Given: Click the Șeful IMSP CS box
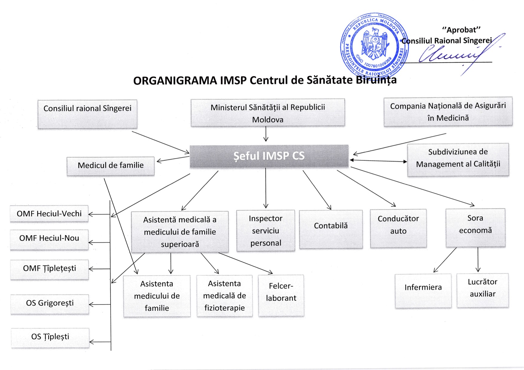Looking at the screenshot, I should (269, 156).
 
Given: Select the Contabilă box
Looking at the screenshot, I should (331, 229).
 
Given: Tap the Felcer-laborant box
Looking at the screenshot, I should (281, 295).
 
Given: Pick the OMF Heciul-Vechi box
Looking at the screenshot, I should (49, 214).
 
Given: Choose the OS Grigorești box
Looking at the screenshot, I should (50, 304).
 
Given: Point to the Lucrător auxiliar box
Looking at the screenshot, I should (482, 290).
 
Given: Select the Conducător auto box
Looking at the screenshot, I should (398, 228).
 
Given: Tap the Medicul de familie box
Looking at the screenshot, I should (111, 166).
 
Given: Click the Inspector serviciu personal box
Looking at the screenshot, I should (265, 230).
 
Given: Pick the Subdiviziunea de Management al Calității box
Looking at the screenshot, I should (458, 160).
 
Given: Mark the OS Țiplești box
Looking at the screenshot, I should (50, 337).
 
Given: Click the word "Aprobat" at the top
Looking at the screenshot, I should (461, 30).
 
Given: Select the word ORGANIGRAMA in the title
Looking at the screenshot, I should (175, 81).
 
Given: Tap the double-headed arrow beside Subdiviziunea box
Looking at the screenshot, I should (378, 161).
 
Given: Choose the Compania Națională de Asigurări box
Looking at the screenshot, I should (448, 112).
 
